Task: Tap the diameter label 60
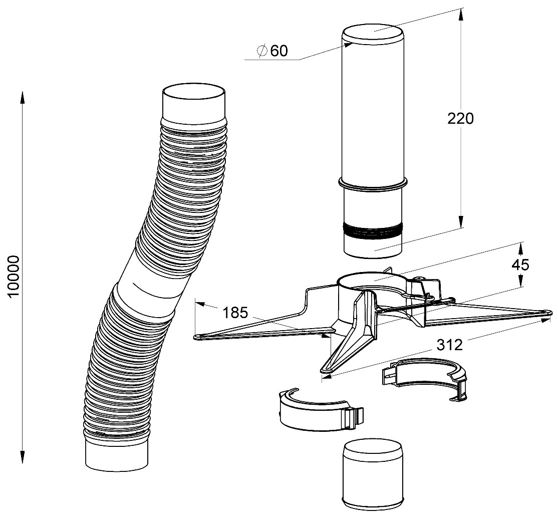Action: click(x=279, y=51)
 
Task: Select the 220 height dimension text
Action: click(x=460, y=119)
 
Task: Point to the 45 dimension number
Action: click(x=520, y=265)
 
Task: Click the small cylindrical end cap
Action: click(x=373, y=472)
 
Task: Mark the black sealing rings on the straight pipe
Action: click(x=373, y=232)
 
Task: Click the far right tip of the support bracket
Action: click(x=547, y=315)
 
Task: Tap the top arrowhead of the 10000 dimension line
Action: click(x=22, y=96)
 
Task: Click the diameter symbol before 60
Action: click(x=261, y=51)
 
